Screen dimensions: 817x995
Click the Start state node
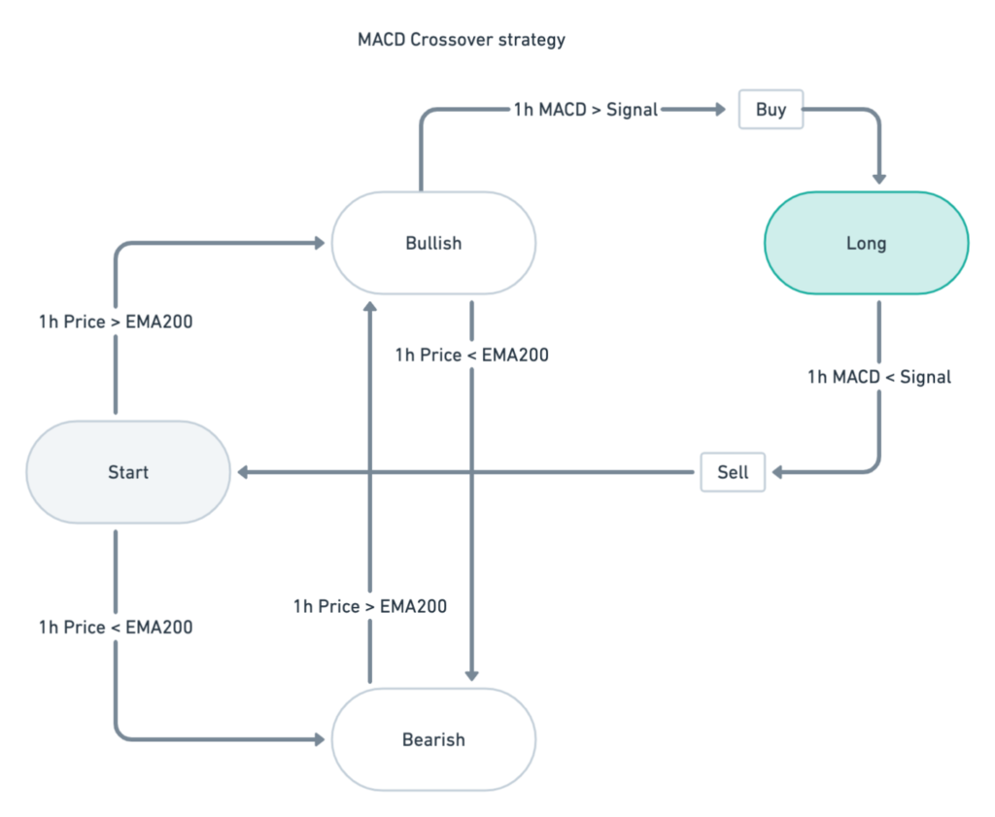pyautogui.click(x=128, y=472)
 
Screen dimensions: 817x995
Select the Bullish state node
pyautogui.click(x=433, y=243)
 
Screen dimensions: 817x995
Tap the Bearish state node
pyautogui.click(x=433, y=739)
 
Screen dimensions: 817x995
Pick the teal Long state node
pyautogui.click(x=866, y=243)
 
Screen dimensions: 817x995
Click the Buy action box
pyautogui.click(x=771, y=110)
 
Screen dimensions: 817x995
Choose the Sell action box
pyautogui.click(x=733, y=472)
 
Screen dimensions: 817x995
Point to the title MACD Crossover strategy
pyautogui.click(x=461, y=40)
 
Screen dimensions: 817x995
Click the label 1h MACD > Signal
pyautogui.click(x=586, y=110)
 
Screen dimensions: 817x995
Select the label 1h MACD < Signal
pyautogui.click(x=879, y=377)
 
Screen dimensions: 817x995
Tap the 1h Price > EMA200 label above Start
pyautogui.click(x=116, y=322)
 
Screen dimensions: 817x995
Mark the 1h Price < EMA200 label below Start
pyautogui.click(x=116, y=628)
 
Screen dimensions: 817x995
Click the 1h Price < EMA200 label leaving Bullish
pyautogui.click(x=471, y=356)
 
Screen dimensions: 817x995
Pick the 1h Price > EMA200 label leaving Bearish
pyautogui.click(x=370, y=606)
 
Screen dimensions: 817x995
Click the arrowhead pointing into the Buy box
pyautogui.click(x=720, y=110)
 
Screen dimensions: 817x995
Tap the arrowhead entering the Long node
pyautogui.click(x=879, y=179)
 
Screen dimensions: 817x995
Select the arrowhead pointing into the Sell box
pyautogui.click(x=778, y=472)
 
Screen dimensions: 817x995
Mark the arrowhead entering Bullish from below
pyautogui.click(x=370, y=305)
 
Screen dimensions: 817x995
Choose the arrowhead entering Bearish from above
pyautogui.click(x=471, y=676)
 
